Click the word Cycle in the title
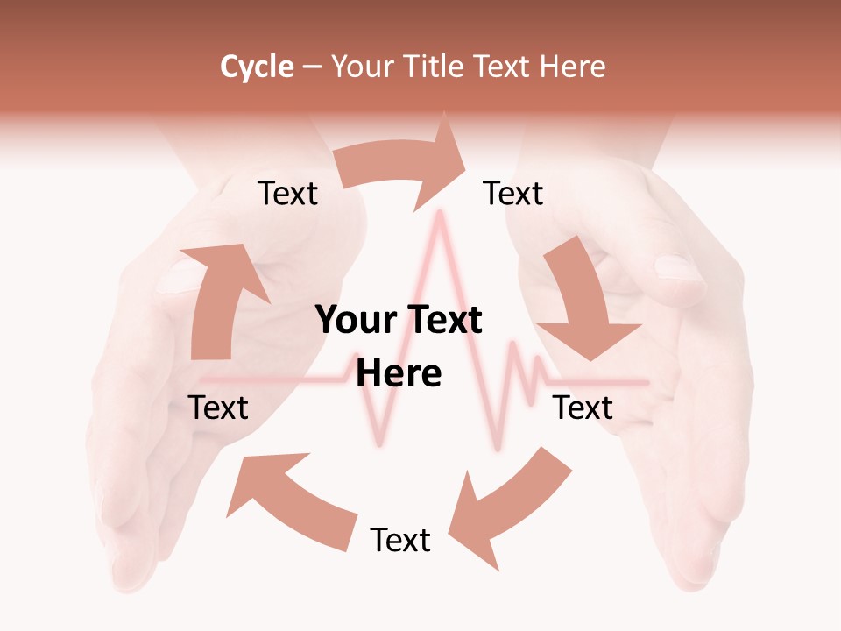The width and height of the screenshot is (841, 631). click(x=257, y=67)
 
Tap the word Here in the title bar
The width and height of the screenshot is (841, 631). click(x=570, y=67)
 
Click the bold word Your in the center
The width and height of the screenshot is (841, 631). click(x=355, y=320)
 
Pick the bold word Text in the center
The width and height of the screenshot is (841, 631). click(x=442, y=320)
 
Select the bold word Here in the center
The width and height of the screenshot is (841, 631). click(x=399, y=373)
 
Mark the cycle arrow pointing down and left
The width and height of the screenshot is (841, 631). click(x=508, y=504)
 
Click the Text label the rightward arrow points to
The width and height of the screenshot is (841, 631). click(x=513, y=193)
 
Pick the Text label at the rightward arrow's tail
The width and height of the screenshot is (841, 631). click(x=287, y=193)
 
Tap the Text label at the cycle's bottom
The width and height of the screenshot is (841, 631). click(x=400, y=540)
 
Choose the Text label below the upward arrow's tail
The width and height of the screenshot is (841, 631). click(x=219, y=408)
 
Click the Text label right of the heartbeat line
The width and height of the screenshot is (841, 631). click(x=583, y=408)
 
